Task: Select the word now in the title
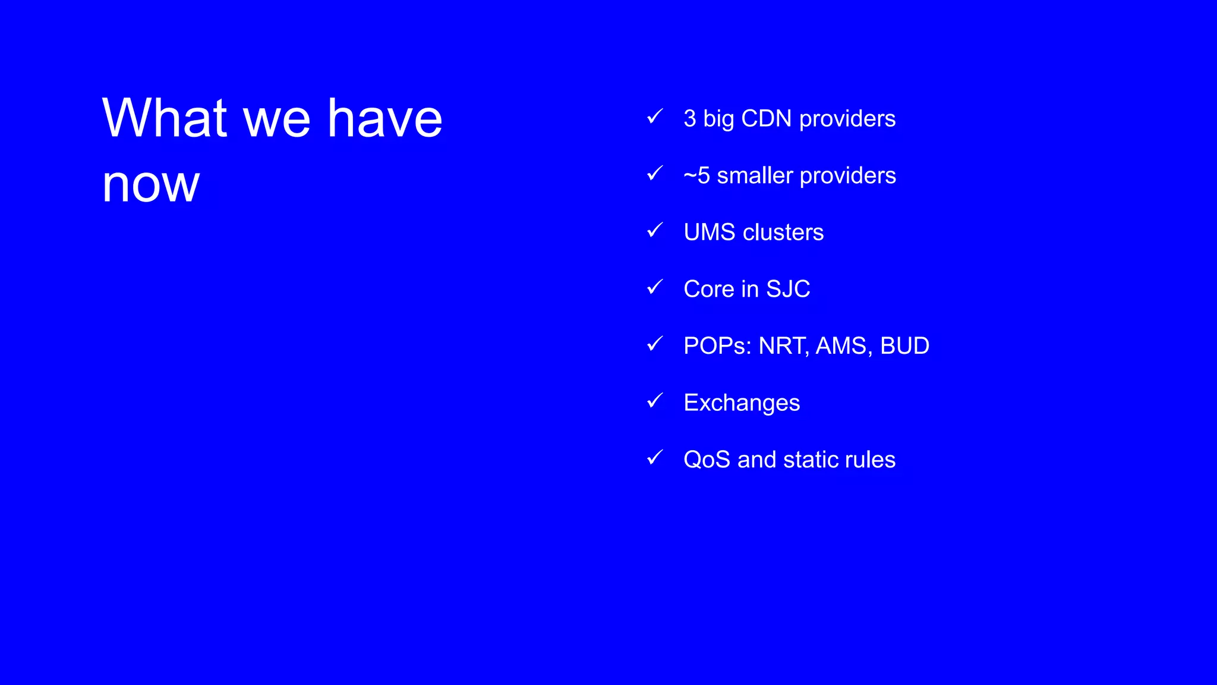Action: click(x=151, y=184)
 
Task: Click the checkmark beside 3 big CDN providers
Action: click(x=654, y=117)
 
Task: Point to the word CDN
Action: click(x=766, y=118)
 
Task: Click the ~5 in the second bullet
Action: click(x=696, y=175)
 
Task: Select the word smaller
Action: click(x=755, y=175)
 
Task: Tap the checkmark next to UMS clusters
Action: click(x=654, y=231)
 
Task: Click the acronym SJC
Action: click(x=788, y=289)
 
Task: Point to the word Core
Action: click(x=709, y=289)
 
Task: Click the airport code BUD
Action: click(x=904, y=345)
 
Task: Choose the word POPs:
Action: click(x=717, y=345)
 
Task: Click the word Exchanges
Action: click(x=742, y=403)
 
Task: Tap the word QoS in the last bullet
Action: click(x=707, y=460)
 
